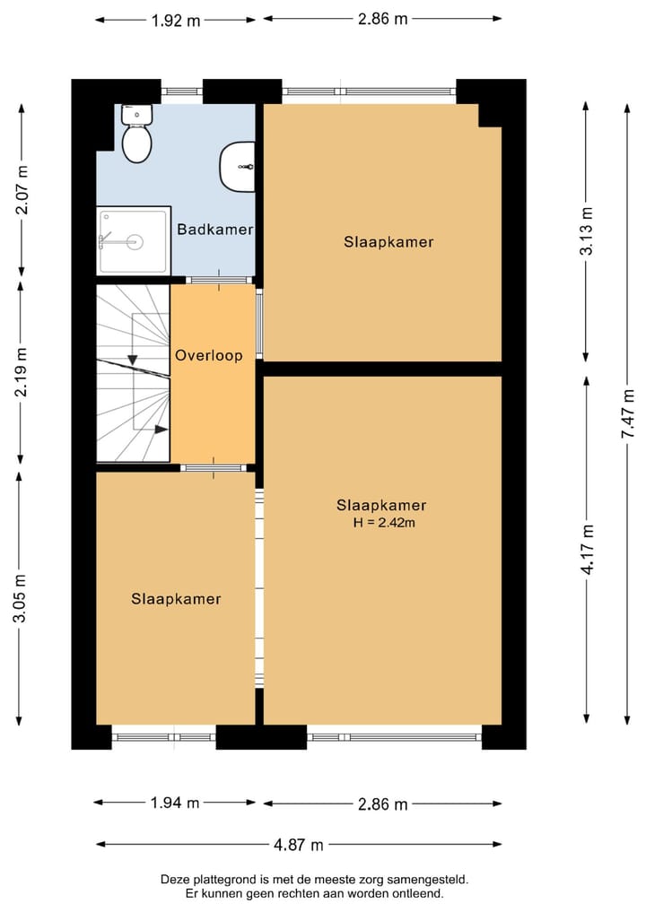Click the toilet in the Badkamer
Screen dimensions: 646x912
click(136, 134)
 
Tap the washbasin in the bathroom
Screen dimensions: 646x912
click(238, 166)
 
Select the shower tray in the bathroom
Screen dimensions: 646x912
click(134, 240)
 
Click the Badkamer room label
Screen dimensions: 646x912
click(214, 230)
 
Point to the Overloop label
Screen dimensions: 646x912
click(209, 355)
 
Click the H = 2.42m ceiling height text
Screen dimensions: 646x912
click(384, 522)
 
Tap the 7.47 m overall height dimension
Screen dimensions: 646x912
click(627, 413)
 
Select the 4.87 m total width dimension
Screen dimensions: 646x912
click(298, 845)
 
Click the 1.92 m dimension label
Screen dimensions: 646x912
click(176, 21)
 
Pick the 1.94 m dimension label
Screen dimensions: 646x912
click(175, 803)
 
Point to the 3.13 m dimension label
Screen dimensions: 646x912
click(587, 230)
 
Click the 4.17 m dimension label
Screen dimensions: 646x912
click(587, 550)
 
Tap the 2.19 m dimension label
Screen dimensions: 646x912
click(21, 372)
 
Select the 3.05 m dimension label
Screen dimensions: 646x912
click(20, 598)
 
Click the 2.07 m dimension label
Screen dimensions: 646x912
click(22, 189)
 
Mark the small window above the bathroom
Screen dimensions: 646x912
click(181, 91)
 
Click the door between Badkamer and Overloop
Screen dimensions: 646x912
click(219, 281)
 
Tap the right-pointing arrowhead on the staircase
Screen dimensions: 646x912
click(161, 430)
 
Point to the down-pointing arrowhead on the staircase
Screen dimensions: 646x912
click(133, 360)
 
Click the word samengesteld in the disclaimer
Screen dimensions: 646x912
click(432, 880)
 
